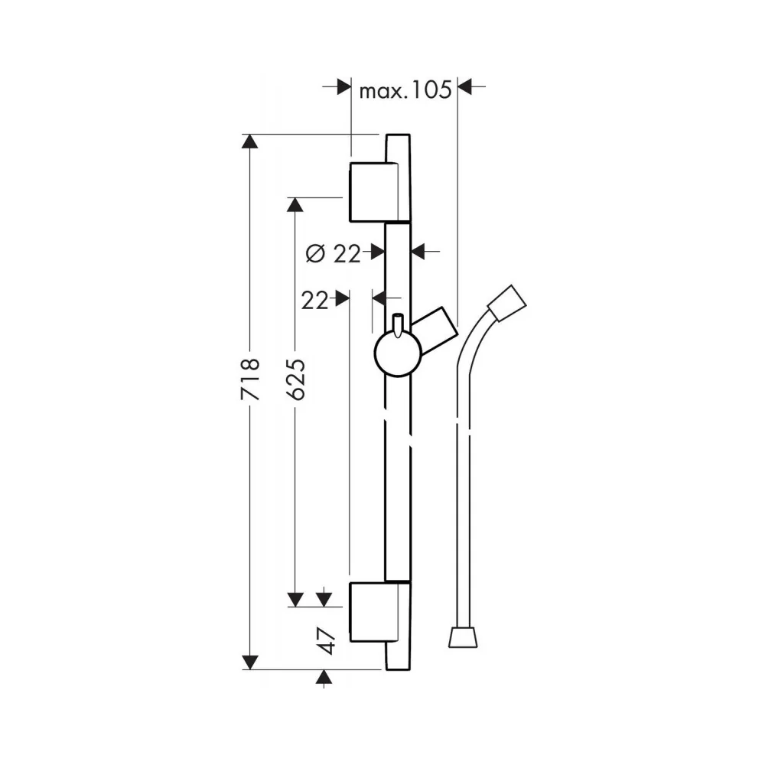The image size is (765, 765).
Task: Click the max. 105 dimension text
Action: click(405, 91)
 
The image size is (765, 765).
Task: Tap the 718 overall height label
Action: click(250, 379)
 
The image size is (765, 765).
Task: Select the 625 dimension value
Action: click(295, 379)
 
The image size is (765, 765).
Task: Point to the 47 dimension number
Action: click(326, 640)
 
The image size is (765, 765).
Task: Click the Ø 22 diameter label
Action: click(334, 254)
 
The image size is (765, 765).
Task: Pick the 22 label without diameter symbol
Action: click(314, 300)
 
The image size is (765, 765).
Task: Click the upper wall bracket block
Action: click(374, 192)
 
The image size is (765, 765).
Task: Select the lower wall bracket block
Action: click(374, 612)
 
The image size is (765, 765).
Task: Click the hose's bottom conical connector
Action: click(463, 638)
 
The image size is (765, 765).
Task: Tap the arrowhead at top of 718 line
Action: click(250, 142)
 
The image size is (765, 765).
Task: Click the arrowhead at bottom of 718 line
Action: click(250, 662)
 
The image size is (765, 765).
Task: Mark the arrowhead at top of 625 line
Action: click(295, 205)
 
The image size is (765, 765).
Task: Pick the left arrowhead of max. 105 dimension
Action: click(344, 87)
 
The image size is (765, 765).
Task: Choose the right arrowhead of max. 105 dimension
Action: click(465, 87)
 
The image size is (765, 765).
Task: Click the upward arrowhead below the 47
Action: click(324, 677)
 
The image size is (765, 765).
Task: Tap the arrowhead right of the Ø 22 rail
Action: click(418, 252)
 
